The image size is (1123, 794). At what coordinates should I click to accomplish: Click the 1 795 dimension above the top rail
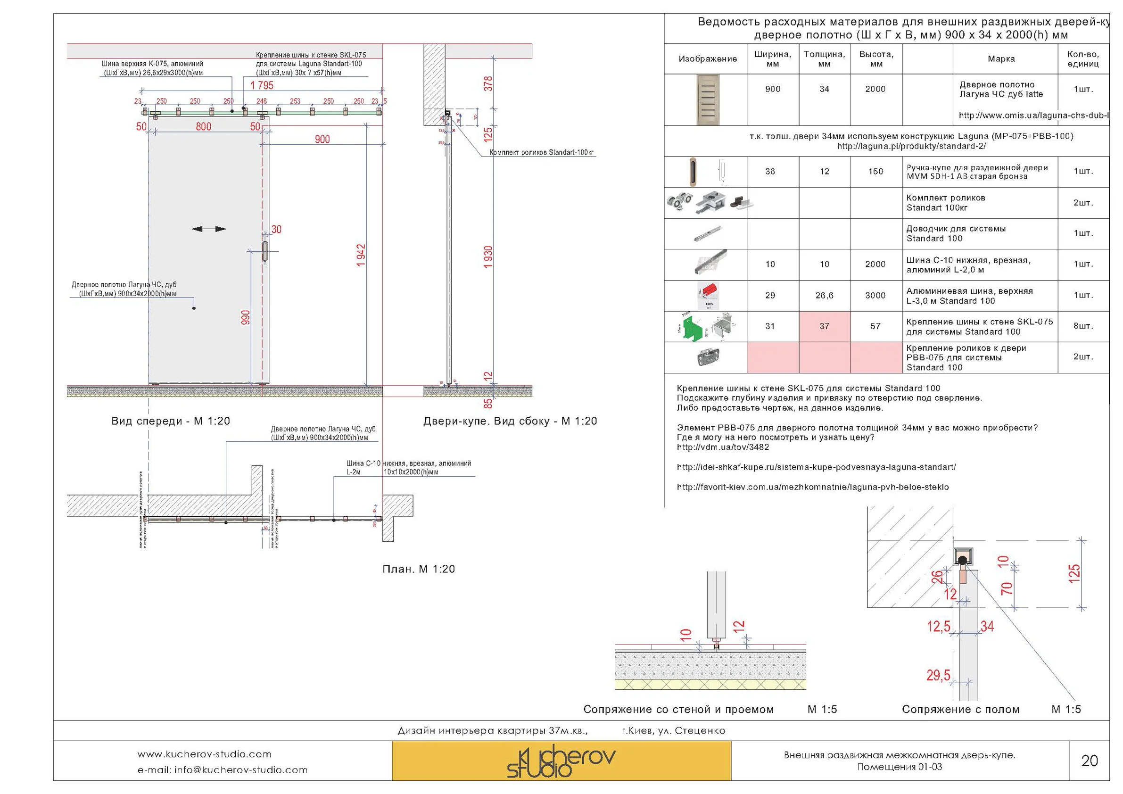pyautogui.click(x=262, y=85)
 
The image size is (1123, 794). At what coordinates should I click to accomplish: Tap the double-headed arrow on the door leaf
pyautogui.click(x=209, y=229)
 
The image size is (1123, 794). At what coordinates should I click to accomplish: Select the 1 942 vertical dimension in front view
pyautogui.click(x=361, y=256)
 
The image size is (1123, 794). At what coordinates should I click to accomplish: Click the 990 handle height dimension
pyautogui.click(x=246, y=317)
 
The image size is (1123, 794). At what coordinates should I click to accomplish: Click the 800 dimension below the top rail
pyautogui.click(x=204, y=127)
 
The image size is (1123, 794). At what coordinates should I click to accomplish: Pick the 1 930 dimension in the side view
pyautogui.click(x=488, y=257)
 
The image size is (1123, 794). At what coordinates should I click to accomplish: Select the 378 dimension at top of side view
pyautogui.click(x=488, y=83)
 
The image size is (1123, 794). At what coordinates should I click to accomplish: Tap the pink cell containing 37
pyautogui.click(x=824, y=326)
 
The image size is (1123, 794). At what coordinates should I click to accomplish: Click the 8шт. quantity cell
pyautogui.click(x=1083, y=326)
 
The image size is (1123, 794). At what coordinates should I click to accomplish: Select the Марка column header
pyautogui.click(x=1001, y=59)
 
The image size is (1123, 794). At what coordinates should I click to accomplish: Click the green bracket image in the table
pyautogui.click(x=690, y=327)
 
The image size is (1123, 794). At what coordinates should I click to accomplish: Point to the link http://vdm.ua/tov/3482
pyautogui.click(x=722, y=447)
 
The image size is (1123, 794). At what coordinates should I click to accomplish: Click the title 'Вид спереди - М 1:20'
pyautogui.click(x=170, y=421)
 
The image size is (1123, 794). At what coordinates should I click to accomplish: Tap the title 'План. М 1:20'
pyautogui.click(x=418, y=569)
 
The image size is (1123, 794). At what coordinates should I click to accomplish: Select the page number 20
pyautogui.click(x=1089, y=761)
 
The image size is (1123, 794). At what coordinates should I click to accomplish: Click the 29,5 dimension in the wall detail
pyautogui.click(x=938, y=676)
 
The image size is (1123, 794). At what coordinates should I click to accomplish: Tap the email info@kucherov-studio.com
pyautogui.click(x=222, y=770)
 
